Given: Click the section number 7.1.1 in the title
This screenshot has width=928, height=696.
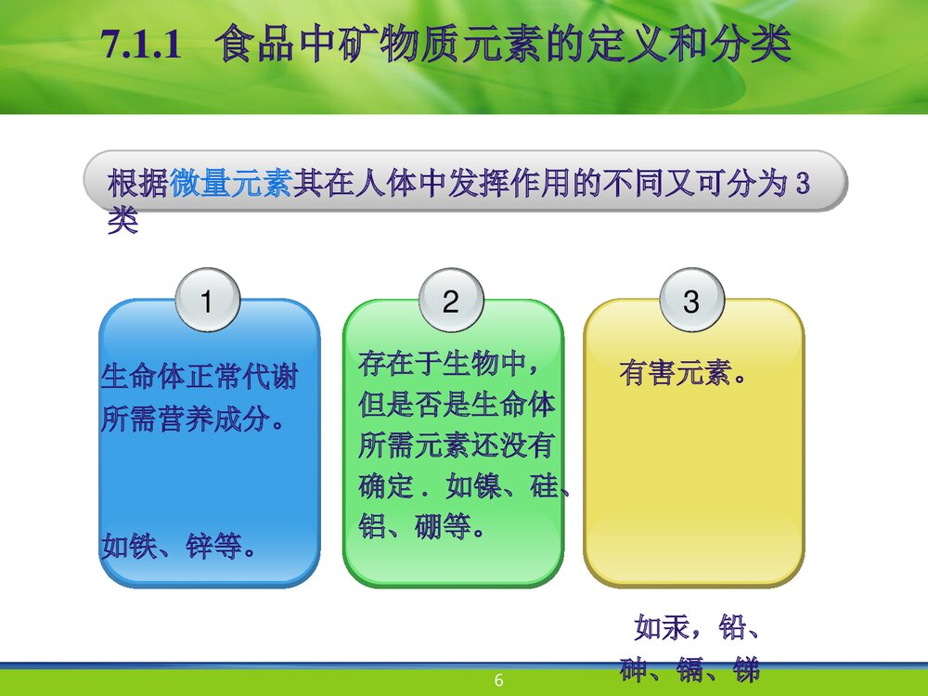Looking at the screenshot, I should (139, 46).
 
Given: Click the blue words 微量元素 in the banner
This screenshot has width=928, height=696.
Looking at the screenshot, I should (231, 184).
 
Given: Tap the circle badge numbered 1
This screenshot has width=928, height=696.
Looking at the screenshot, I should (207, 302).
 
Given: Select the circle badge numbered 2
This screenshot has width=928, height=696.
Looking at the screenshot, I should (451, 302).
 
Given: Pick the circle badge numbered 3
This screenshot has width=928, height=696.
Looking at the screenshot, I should (691, 302).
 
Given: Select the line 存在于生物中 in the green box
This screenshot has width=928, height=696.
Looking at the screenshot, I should (447, 363).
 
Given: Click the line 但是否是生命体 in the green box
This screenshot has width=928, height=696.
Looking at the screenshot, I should (457, 405).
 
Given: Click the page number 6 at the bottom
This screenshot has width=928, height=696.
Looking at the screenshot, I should (498, 683).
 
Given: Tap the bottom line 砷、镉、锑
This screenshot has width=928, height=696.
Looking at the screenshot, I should (690, 670).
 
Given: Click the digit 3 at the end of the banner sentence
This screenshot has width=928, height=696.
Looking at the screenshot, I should (803, 184).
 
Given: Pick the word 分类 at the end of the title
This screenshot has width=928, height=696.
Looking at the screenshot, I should (752, 46).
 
